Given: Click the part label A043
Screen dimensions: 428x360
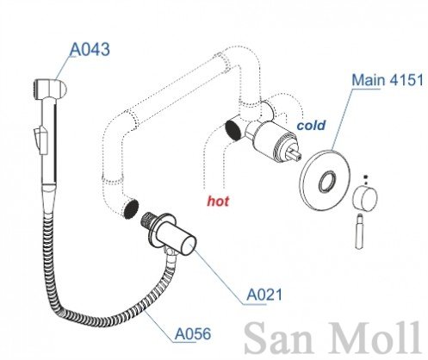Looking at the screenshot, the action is pos(90,49).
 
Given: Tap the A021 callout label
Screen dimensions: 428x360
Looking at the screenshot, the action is pos(264,295).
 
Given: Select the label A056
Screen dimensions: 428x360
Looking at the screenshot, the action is pos(193,333).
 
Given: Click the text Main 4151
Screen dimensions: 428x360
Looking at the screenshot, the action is pos(388,79).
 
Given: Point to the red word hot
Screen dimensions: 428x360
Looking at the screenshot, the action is pos(218,201).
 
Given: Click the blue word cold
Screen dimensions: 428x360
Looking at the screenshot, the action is pos(311,125).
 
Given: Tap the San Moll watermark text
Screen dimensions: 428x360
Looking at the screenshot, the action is pos(333,338).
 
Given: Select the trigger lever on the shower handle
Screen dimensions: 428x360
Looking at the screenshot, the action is pos(40,140).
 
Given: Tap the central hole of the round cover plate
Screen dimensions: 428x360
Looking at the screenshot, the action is pos(327,182).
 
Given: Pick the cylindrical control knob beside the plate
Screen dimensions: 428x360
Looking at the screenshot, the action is pos(364,198).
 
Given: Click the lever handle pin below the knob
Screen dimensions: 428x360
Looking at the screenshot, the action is pos(359,231).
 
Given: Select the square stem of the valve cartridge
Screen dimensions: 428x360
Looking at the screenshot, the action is pos(295,153).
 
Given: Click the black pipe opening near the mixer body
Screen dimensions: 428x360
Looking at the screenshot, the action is pos(233,130).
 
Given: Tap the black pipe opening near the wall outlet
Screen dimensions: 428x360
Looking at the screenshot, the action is pos(131,209).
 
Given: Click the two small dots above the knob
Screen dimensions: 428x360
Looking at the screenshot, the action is pos(365,180).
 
